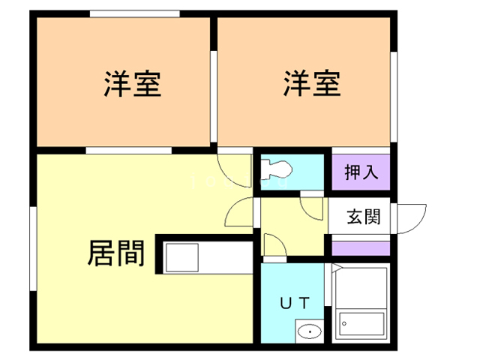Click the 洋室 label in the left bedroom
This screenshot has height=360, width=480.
tap(132, 82)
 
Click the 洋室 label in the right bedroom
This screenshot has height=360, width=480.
tap(312, 82)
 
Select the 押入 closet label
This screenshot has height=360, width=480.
tap(361, 172)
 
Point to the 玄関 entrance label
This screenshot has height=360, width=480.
tap(363, 217)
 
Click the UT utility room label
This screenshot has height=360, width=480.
tap(295, 304)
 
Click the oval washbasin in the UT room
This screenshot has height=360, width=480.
tap(308, 330)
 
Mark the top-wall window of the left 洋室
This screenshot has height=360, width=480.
tap(134, 13)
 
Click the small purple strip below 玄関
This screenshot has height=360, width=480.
tap(361, 248)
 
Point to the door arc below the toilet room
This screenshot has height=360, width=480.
tap(238, 211)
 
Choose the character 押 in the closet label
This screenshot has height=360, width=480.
tap(352, 172)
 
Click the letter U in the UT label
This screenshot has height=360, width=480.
tap(286, 304)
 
